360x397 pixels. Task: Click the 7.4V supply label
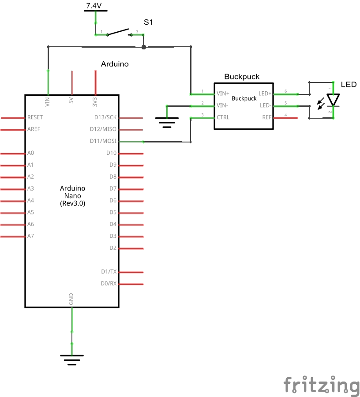tap(95, 6)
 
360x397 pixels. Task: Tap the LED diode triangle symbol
tap(333, 100)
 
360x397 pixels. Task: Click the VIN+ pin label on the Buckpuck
tap(223, 94)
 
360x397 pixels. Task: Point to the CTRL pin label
tap(223, 117)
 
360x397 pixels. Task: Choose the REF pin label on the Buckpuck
tap(267, 117)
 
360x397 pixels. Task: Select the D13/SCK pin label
tap(105, 117)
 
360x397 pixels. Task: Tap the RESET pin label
tap(35, 117)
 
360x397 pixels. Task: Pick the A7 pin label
tap(30, 236)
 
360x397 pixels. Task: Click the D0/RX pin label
tap(109, 284)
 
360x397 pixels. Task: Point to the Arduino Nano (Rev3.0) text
tap(72, 196)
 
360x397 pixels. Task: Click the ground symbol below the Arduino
tap(72, 360)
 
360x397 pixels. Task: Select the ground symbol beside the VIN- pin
tap(166, 122)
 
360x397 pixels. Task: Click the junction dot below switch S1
tap(143, 47)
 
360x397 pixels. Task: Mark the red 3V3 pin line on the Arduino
tap(95, 82)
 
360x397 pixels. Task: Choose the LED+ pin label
tap(265, 94)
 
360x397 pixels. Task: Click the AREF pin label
tap(34, 129)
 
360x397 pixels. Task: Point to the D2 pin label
tap(113, 248)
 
